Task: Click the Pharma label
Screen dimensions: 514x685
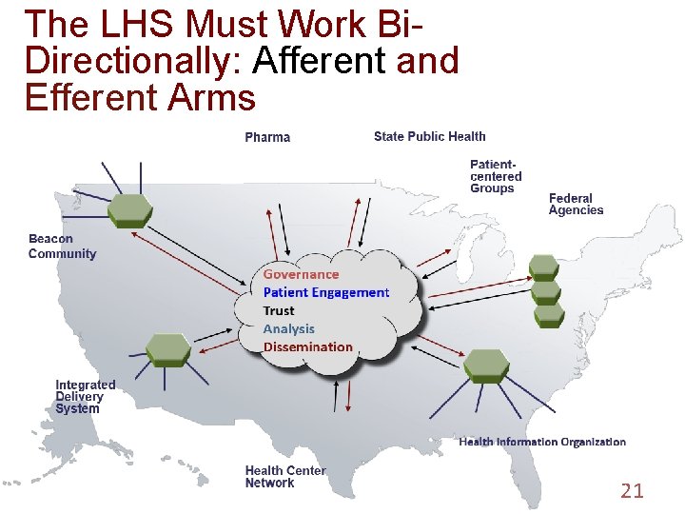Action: pos(267,138)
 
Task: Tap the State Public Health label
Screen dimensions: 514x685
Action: pos(429,137)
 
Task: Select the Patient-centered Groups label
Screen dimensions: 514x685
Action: pos(496,176)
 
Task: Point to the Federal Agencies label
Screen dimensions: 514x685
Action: pos(576,205)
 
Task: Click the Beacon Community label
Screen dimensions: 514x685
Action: pos(62,247)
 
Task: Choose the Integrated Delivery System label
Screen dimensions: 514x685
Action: pos(85,397)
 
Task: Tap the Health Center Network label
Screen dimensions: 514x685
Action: pos(284,477)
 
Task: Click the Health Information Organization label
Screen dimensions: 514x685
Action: pos(542,442)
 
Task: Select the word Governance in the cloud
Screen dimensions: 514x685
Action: pos(301,274)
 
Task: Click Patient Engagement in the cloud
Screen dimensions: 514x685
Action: pos(326,292)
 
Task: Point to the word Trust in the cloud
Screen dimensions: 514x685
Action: pos(279,310)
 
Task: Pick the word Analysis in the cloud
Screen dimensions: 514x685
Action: pos(288,328)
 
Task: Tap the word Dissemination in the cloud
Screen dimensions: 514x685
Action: pos(307,346)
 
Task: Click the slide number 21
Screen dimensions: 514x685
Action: pos(632,491)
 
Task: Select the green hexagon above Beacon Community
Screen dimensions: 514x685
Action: pos(129,209)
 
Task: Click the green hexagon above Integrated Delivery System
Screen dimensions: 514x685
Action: pos(168,349)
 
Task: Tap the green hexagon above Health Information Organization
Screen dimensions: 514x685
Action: pos(486,366)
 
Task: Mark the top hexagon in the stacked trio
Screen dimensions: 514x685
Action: pos(544,266)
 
